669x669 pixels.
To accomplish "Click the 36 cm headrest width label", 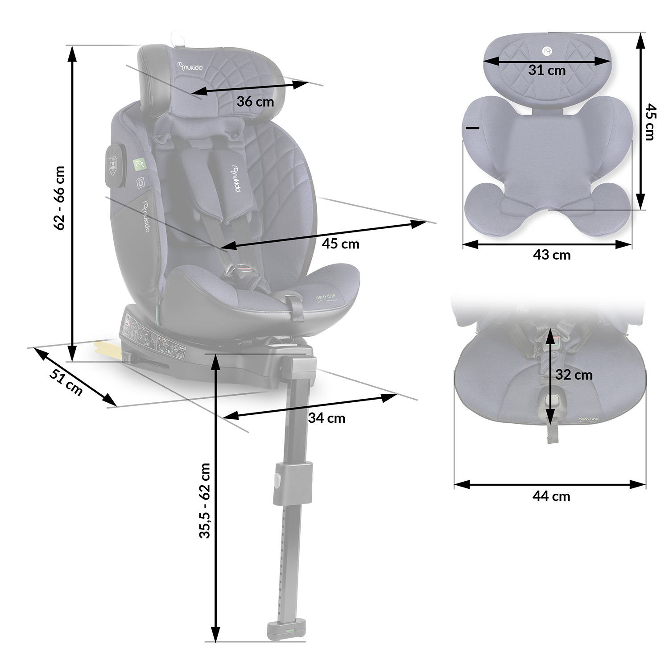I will pos(255,102).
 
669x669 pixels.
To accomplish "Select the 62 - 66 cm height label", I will pos(60,198).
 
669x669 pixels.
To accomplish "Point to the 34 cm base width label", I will pos(326,418).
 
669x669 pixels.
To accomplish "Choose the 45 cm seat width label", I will pos(340,244).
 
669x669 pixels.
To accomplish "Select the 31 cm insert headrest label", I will pos(547,70).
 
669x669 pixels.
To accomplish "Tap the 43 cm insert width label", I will pos(552,255).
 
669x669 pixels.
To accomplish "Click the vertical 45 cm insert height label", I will pos(651,122).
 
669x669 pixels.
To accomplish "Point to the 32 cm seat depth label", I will pos(574,375).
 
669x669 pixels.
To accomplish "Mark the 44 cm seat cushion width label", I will pos(551,496).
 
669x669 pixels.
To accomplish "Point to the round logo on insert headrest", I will pos(547,50).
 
